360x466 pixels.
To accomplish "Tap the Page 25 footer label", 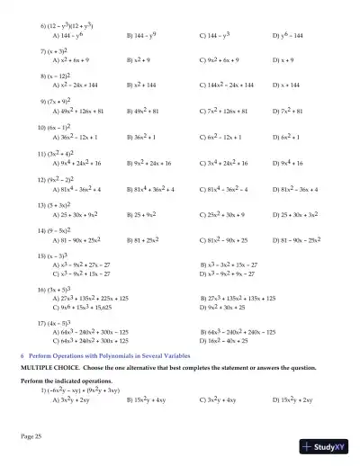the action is tap(31, 435).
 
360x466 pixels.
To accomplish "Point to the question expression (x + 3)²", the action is tap(58, 53).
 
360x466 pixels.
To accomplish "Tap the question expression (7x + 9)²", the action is tap(59, 103).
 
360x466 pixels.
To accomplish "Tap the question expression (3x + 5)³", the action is tap(59, 290).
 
